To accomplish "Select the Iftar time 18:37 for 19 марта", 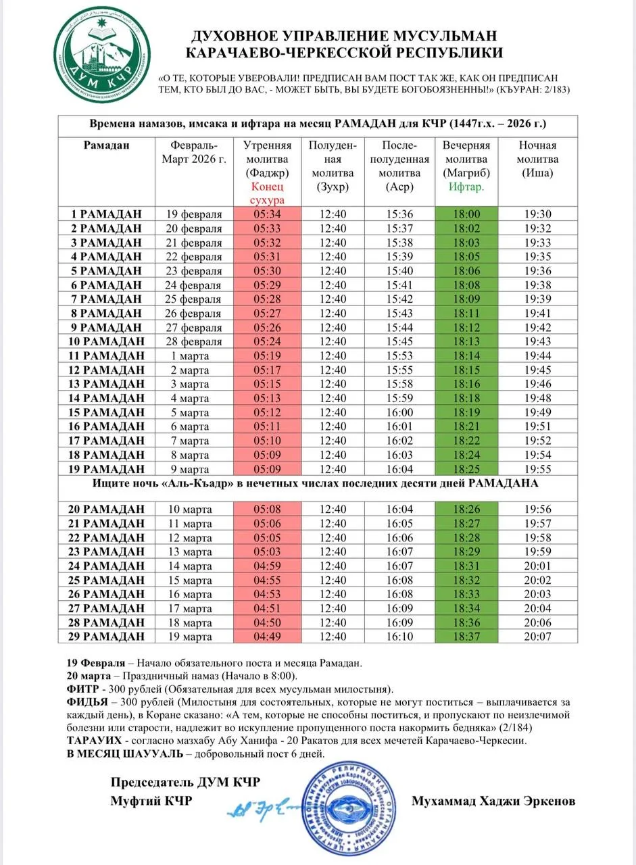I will tap(466, 636).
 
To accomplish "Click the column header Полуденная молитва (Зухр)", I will tap(332, 166).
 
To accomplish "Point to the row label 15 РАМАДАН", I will tap(106, 412).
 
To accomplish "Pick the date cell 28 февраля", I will tap(194, 341).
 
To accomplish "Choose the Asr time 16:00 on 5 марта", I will tap(399, 412).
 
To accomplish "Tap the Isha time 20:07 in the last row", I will tap(537, 636).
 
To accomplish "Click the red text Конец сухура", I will tap(267, 193).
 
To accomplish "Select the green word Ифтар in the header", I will tap(466, 187).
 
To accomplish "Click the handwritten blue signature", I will tap(264, 806).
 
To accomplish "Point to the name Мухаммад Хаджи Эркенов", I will tap(493, 801).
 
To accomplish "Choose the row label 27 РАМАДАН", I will tap(106, 608).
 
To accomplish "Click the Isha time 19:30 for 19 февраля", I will tap(537, 214).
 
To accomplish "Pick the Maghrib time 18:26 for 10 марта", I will tap(466, 509).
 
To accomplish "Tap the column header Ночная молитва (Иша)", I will tap(537, 159).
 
